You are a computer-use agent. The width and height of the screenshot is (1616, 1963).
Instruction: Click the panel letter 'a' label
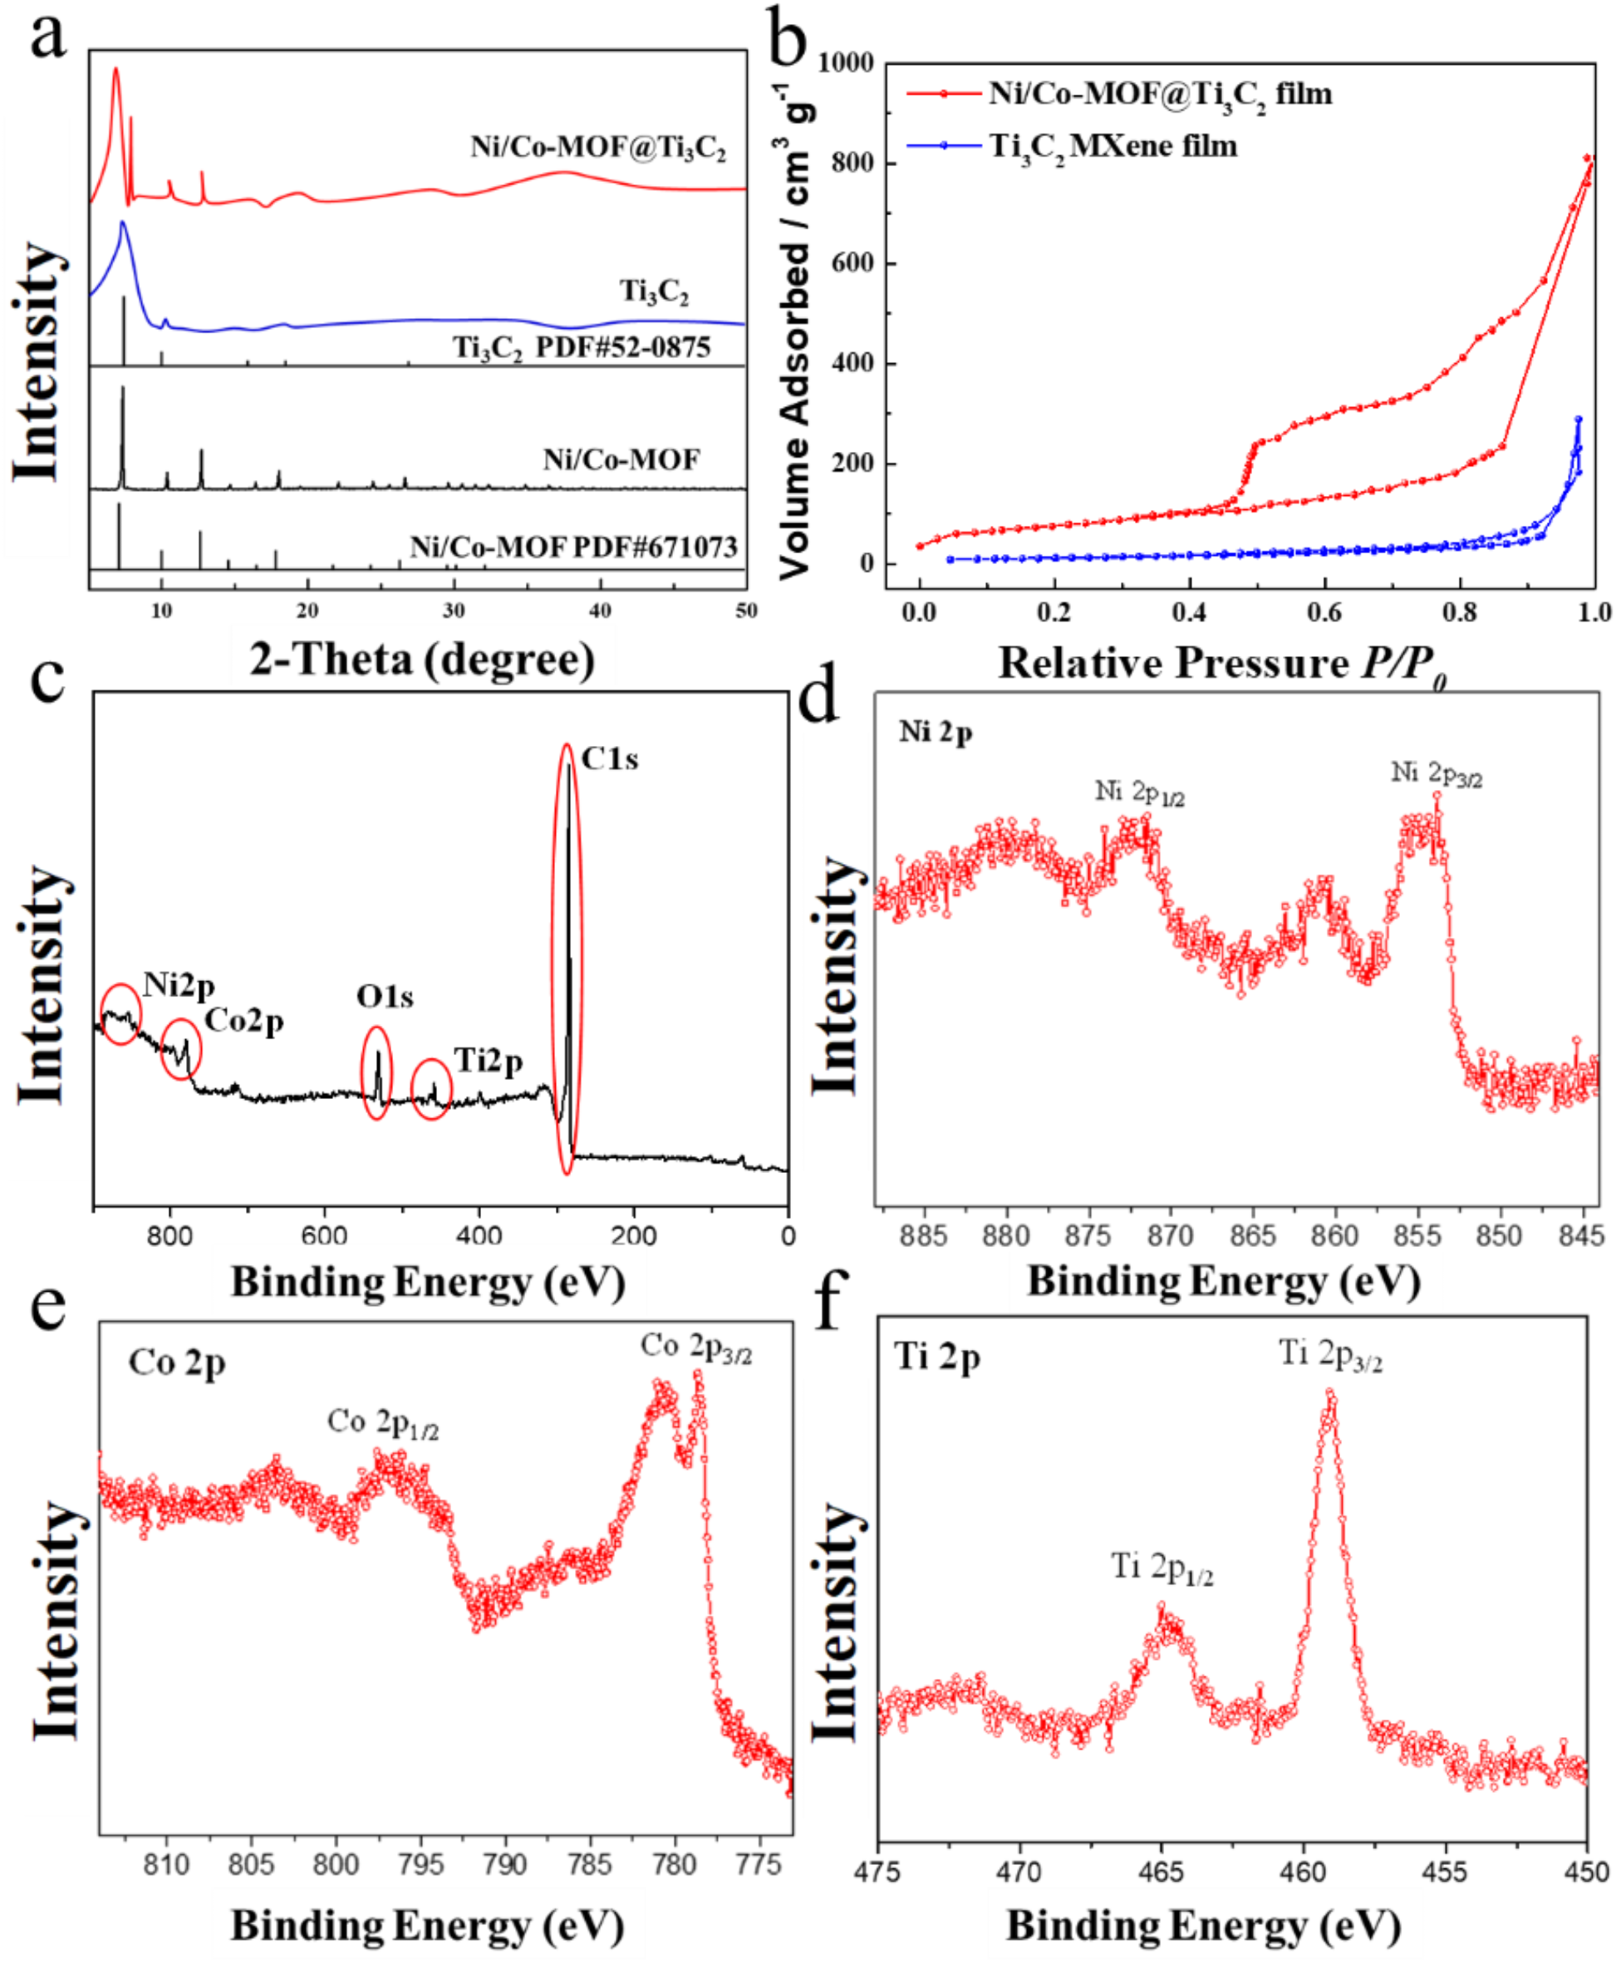(x=47, y=37)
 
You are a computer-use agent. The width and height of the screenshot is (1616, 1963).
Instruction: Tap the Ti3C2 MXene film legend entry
(x=1113, y=146)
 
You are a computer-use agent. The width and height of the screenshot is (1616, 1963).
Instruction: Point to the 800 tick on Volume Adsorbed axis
(x=852, y=163)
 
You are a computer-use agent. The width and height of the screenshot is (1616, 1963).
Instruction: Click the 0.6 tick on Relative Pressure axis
(x=1324, y=612)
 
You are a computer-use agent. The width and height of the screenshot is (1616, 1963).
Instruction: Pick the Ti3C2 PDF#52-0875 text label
(x=582, y=347)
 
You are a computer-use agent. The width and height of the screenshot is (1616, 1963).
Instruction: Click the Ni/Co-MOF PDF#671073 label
(x=573, y=547)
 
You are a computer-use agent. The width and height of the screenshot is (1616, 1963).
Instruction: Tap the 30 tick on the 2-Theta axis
(x=454, y=611)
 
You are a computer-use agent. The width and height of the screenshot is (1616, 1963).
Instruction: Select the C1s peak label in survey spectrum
(x=610, y=758)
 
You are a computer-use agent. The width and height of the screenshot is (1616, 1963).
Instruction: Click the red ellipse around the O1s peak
(x=376, y=1072)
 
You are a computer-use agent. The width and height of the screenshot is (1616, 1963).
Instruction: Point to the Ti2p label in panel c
(x=488, y=1060)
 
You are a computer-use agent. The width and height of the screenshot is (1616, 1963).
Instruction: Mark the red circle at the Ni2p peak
(x=121, y=1013)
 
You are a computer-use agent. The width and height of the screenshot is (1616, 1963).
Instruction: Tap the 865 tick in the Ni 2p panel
(x=1252, y=1236)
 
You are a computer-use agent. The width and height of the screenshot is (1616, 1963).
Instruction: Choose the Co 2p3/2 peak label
(x=695, y=1347)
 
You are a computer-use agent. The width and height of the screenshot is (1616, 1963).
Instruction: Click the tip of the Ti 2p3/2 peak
(x=1329, y=1393)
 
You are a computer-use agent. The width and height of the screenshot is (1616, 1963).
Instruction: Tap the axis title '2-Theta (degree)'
(x=422, y=659)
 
